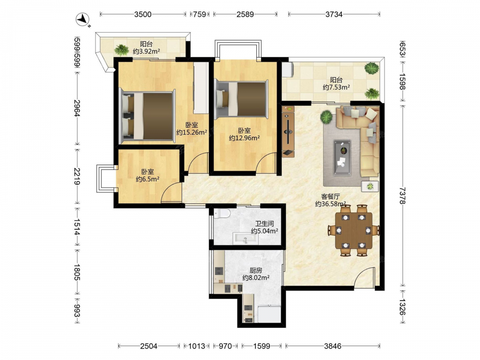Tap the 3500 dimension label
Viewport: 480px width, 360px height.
tap(143, 14)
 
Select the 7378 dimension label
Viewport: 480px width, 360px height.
tap(402, 196)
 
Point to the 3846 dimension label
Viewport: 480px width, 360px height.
tap(333, 346)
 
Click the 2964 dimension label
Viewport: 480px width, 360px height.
tap(77, 108)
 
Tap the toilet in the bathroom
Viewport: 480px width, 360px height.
tap(222, 213)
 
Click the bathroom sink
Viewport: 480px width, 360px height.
tap(245, 239)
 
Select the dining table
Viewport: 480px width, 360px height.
tap(354, 230)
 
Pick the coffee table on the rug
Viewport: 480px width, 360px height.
tap(342, 157)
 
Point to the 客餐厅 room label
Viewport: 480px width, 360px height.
tap(330, 196)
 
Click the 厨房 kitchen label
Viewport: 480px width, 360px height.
tap(256, 270)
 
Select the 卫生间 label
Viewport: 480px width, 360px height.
tap(264, 224)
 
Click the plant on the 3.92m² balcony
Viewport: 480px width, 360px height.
tap(121, 50)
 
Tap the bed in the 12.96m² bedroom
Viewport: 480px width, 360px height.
tap(241, 98)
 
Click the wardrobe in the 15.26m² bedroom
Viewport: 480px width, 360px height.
tap(201, 88)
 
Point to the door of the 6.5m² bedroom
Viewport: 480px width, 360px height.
tap(171, 192)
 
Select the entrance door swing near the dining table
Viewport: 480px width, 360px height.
tap(365, 277)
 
